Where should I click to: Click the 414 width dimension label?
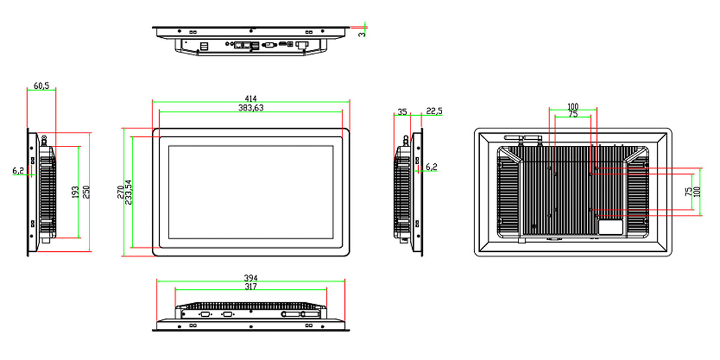click(x=251, y=98)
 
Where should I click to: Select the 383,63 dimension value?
click(x=251, y=107)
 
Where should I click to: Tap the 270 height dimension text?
click(x=121, y=192)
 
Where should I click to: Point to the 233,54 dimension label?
click(x=128, y=192)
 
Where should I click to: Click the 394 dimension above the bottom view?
click(x=251, y=278)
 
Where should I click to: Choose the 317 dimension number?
click(x=251, y=286)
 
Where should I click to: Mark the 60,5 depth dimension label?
click(x=41, y=85)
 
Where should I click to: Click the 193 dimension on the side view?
click(x=75, y=192)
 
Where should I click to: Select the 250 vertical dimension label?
click(x=86, y=192)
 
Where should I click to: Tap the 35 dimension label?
click(x=402, y=112)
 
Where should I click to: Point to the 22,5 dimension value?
click(x=434, y=111)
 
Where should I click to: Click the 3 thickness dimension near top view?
click(x=362, y=34)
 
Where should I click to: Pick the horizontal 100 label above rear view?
click(x=573, y=106)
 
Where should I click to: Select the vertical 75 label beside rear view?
click(x=688, y=192)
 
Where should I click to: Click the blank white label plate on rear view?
click(x=610, y=227)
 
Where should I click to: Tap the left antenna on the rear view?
click(x=514, y=138)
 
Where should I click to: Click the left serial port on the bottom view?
click(x=205, y=314)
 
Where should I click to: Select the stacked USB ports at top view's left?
click(x=204, y=46)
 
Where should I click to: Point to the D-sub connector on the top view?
click(x=269, y=45)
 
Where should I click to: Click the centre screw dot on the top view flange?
click(x=251, y=31)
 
